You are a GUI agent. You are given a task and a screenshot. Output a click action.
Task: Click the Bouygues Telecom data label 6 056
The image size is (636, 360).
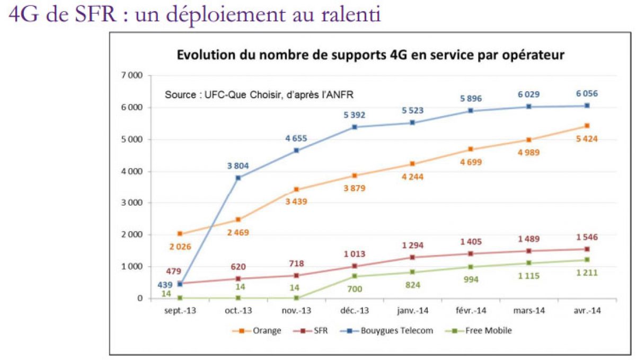(x=587, y=93)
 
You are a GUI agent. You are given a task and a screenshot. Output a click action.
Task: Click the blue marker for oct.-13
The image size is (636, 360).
(x=238, y=178)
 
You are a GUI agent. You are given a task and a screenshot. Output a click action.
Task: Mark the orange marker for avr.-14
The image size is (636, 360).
(x=587, y=126)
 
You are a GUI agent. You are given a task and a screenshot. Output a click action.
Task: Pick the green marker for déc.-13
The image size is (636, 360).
(x=355, y=276)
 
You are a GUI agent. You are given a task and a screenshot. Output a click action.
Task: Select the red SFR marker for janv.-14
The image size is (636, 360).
(x=413, y=257)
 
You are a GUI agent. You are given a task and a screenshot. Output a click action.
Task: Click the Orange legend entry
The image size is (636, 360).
(x=258, y=331)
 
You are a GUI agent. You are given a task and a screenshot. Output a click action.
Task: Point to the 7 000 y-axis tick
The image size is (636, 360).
(x=132, y=76)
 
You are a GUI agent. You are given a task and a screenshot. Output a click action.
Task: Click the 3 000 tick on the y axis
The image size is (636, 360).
(x=132, y=203)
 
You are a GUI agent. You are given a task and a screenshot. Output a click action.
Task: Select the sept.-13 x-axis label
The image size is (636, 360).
(x=180, y=311)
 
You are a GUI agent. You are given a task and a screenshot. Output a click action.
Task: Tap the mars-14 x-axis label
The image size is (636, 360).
(x=529, y=311)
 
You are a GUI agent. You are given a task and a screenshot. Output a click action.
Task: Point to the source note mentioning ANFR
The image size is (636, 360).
(x=260, y=95)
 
